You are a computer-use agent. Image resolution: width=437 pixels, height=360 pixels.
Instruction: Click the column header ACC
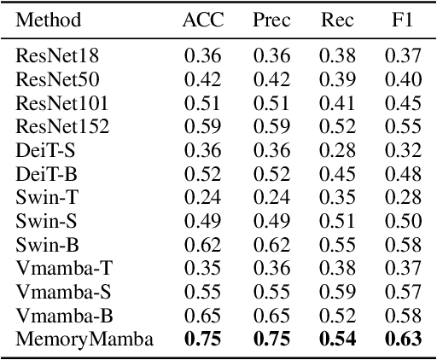pos(202,19)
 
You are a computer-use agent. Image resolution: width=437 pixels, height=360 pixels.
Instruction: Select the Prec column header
pos(271,19)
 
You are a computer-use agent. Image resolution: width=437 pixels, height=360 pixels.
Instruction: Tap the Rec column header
pos(335,19)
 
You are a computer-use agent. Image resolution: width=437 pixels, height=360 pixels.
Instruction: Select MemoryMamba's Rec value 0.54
pos(335,339)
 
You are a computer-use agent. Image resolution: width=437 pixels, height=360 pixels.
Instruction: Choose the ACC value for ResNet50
pos(202,79)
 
